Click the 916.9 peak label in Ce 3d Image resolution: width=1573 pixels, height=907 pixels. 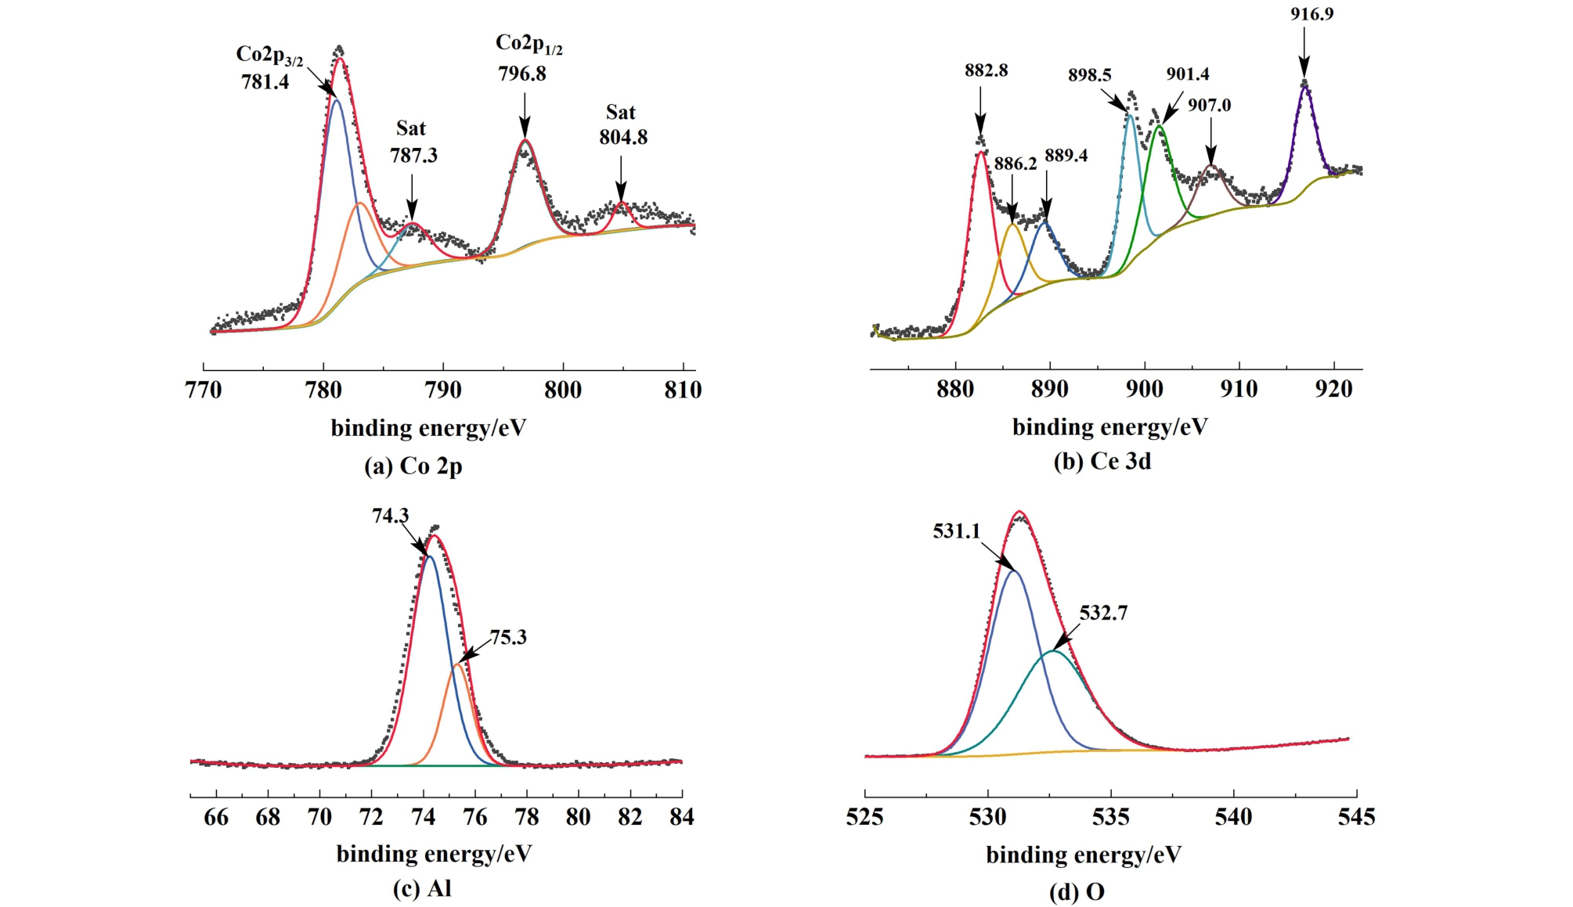[1311, 14]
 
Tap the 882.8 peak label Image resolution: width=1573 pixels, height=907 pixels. [986, 70]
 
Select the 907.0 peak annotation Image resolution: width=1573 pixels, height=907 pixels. [1209, 105]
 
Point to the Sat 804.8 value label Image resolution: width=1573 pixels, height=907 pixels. [623, 138]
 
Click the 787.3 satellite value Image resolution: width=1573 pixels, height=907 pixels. [413, 156]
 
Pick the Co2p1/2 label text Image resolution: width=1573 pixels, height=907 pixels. [529, 44]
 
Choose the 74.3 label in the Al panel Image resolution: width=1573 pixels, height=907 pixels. [390, 516]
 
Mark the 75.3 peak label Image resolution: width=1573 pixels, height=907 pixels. [508, 638]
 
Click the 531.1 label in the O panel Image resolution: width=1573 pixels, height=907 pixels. [956, 531]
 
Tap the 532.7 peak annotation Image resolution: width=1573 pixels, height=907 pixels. [1103, 613]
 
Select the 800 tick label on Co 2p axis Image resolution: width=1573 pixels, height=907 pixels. [562, 390]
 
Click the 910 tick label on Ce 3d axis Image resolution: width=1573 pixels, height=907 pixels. [1239, 389]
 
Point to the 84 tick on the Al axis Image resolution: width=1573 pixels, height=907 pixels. [681, 817]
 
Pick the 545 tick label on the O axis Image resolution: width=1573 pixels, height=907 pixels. [1356, 817]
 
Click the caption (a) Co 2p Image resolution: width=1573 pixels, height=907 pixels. [413, 466]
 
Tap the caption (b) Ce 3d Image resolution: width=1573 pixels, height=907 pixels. [1102, 462]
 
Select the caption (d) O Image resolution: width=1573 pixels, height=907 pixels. [1077, 892]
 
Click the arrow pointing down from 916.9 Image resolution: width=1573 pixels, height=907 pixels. [1304, 52]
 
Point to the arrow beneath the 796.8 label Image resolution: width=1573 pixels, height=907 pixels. [524, 114]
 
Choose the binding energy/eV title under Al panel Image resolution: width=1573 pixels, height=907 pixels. [434, 854]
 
